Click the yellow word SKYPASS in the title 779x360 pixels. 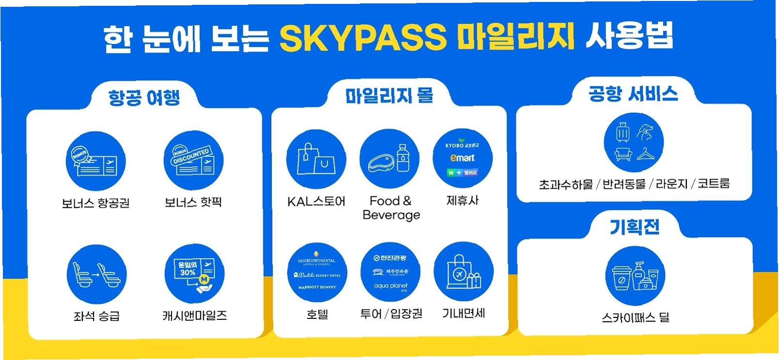click(x=363, y=37)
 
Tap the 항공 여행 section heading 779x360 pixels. click(x=144, y=97)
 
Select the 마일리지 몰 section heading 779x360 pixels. click(x=389, y=95)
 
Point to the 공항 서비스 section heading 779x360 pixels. click(x=633, y=94)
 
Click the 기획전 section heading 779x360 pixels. click(x=635, y=227)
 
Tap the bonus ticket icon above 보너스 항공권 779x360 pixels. click(x=95, y=161)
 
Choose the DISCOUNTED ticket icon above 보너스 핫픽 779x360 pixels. click(x=193, y=160)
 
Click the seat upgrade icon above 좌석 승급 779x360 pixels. click(x=96, y=274)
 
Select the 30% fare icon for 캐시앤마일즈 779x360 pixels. click(x=194, y=274)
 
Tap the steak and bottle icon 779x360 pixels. click(x=389, y=158)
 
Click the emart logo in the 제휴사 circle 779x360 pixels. click(x=462, y=158)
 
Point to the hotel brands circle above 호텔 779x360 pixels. click(x=318, y=273)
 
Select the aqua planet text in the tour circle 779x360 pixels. click(x=391, y=286)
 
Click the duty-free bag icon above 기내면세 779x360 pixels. click(x=463, y=272)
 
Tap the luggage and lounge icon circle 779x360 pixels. click(x=634, y=142)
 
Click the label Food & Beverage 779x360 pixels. click(x=391, y=207)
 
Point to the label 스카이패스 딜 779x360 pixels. click(x=635, y=317)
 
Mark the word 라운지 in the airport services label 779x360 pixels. click(x=671, y=184)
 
